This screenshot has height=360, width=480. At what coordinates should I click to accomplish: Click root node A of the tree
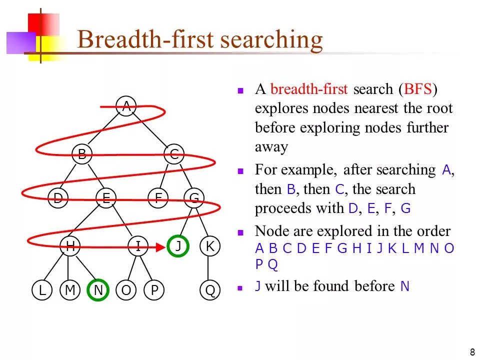pos(126,106)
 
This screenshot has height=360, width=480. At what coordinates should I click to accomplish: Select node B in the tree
pos(82,154)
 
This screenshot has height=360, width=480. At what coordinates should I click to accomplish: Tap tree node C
pos(174,154)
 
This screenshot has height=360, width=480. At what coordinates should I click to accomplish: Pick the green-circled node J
pos(178,246)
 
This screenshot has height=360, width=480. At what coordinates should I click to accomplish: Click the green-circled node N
pos(98,290)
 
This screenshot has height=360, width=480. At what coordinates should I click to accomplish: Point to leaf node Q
pos(210,290)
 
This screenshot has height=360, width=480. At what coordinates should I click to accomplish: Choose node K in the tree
pos(210,246)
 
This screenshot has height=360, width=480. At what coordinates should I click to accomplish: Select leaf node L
pos(42,290)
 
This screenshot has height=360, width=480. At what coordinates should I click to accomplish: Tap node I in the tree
pos(137,246)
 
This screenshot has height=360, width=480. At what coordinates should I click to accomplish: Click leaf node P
pos(154,290)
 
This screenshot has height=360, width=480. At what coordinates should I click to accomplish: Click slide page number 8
pos(472,350)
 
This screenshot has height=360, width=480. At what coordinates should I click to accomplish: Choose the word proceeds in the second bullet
pos(279,208)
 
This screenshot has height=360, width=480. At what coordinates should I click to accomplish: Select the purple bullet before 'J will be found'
pos(240,288)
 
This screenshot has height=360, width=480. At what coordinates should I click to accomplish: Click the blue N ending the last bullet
pos(405,286)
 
